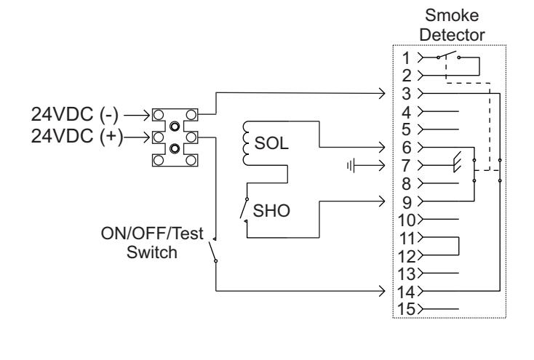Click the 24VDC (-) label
pos(75,114)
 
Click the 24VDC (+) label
pos(77,136)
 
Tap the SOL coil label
pos(271,143)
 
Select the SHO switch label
pos(271,210)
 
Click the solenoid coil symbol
pos(246,143)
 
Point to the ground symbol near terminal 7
pos(351,166)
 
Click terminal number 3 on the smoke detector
pos(406,94)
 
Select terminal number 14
pos(406,292)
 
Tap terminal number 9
pos(407,203)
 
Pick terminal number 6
pos(407,148)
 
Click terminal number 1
pos(406,58)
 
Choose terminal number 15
pos(406,309)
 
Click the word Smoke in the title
pos(452,15)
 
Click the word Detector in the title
pos(452,35)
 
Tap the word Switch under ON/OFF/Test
pos(152,252)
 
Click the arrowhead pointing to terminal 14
pos(383,291)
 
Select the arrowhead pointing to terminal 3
pos(383,93)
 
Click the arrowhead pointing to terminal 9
pos(383,201)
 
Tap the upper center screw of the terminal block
pos(175,127)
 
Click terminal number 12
pos(406,257)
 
